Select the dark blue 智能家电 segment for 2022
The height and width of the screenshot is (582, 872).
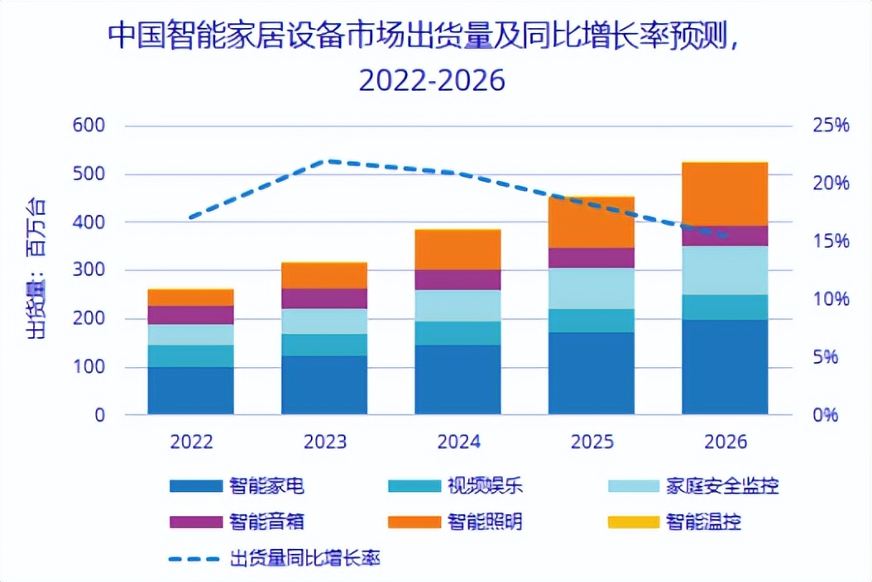coord(191,390)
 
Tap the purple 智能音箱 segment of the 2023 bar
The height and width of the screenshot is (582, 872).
coord(324,298)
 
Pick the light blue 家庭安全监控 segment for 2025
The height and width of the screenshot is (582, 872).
coord(591,289)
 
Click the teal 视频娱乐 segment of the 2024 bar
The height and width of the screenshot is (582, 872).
coord(458,333)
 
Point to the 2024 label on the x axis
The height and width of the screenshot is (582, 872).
coord(458,441)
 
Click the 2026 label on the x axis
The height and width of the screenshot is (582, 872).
coord(725,441)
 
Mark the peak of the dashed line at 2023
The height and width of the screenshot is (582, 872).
coord(328,161)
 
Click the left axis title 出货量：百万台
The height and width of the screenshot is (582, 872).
coord(36,270)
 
